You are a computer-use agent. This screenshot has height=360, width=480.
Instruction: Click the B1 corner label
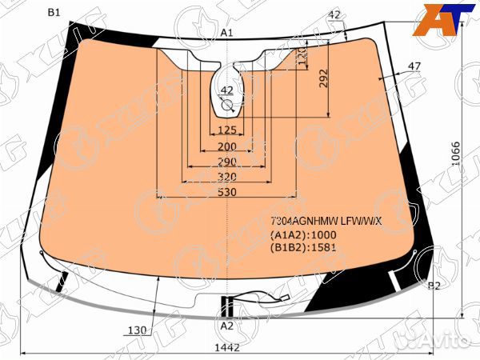coord(54,12)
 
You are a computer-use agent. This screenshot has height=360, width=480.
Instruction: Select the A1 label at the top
coord(226,32)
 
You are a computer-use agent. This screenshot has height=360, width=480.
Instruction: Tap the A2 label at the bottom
coord(226,326)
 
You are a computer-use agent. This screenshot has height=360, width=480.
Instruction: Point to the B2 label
coord(434,286)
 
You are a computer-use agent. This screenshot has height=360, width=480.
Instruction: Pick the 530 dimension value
coord(227,192)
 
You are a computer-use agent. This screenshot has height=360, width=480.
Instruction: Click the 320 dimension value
coord(227,177)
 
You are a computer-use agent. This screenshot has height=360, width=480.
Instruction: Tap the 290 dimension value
coord(227,162)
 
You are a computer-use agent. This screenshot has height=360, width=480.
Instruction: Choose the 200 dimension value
coord(227,146)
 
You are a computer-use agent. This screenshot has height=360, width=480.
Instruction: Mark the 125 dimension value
coord(227,130)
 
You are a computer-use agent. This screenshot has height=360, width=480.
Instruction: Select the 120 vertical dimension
coord(302,58)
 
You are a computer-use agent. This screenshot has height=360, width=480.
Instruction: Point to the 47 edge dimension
coord(414,66)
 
